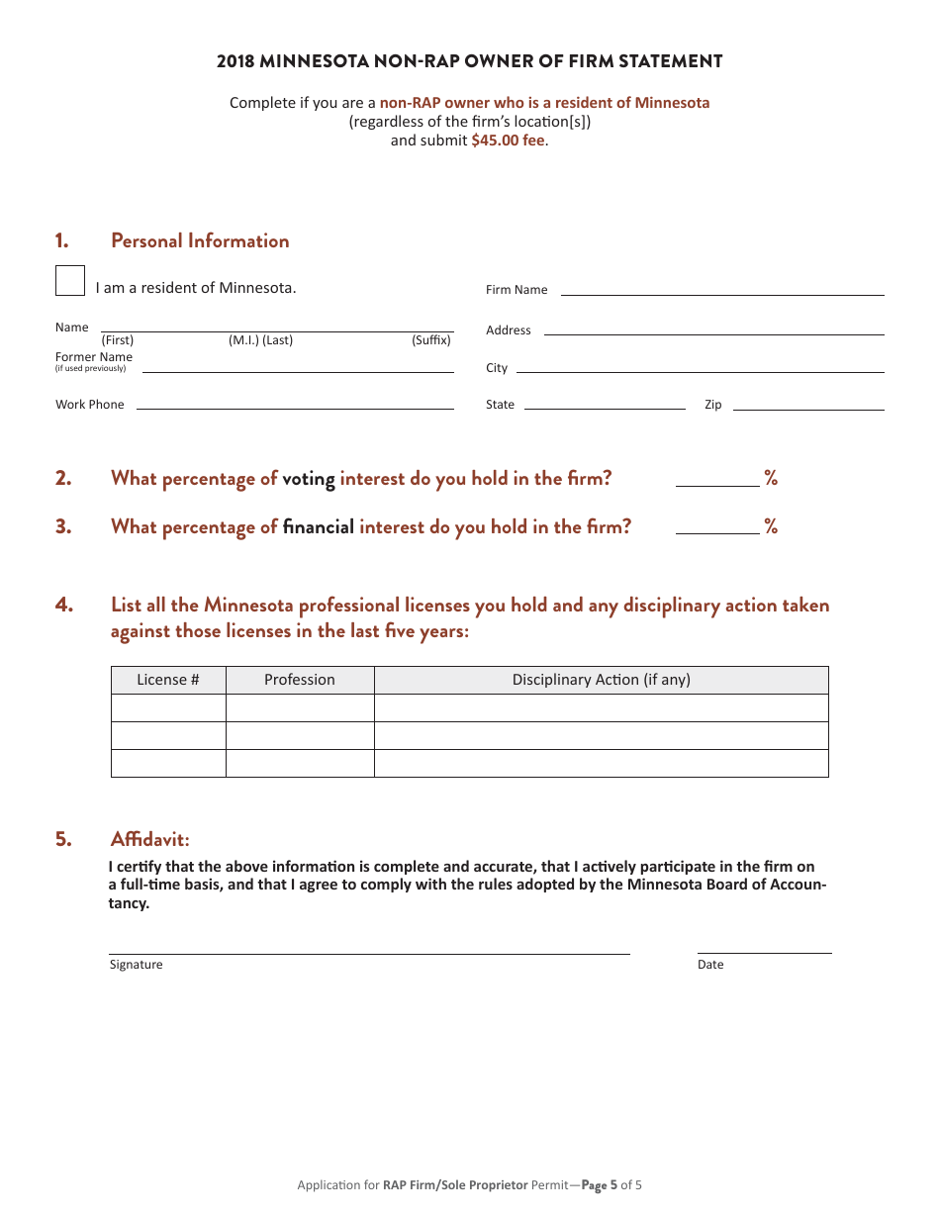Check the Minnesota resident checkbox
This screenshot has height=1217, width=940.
pos(70,281)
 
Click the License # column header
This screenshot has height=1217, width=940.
pos(168,680)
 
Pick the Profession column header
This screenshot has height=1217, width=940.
pos(300,680)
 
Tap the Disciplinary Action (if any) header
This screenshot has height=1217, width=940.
pos(601,680)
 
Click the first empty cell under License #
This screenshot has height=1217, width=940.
pos(168,708)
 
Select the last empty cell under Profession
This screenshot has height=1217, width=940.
pos(300,764)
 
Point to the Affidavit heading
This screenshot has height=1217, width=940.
pos(149,839)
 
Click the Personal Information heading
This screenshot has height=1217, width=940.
pos(200,240)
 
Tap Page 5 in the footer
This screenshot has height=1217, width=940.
pos(599,1184)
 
